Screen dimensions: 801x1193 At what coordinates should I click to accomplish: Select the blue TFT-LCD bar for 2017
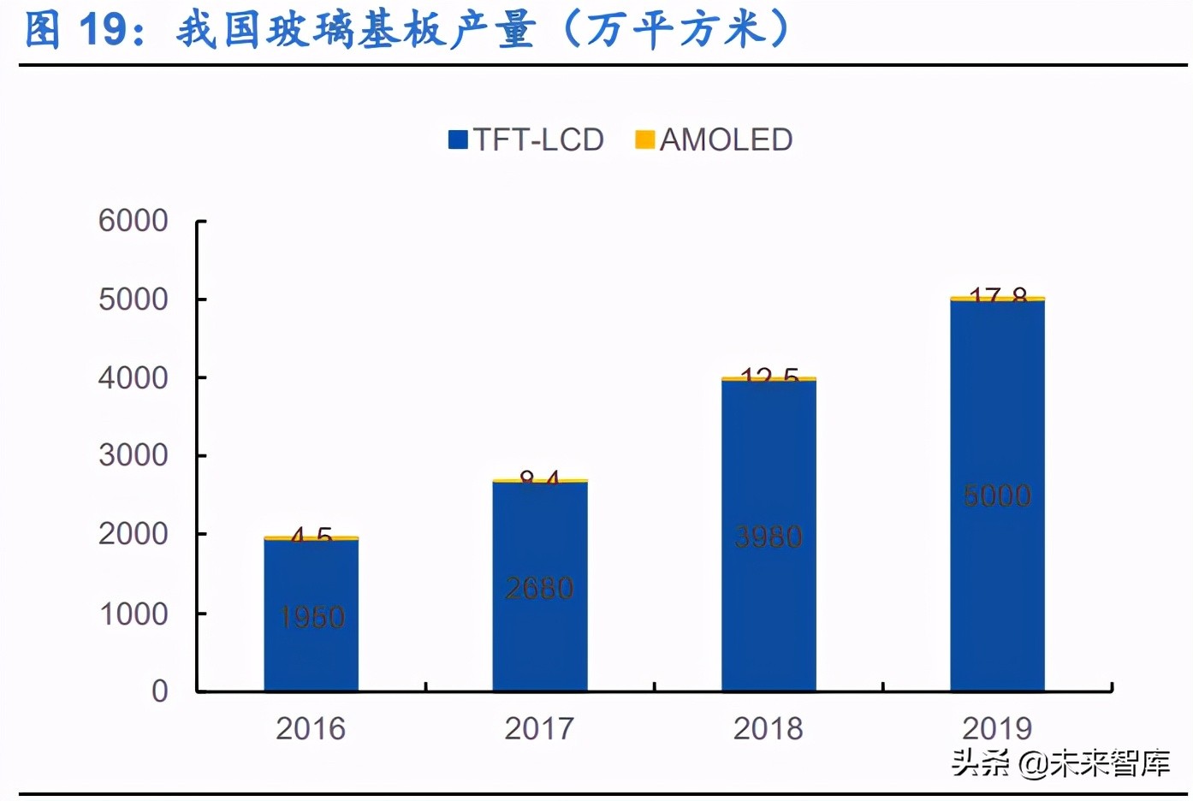point(539,633)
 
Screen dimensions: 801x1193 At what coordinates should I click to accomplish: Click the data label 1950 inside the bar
point(312,617)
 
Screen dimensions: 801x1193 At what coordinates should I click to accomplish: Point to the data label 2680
point(539,588)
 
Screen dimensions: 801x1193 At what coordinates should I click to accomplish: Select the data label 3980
point(769,537)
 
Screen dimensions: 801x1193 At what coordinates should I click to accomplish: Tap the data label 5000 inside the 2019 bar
point(997,495)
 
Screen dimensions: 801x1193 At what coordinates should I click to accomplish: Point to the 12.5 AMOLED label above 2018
point(769,375)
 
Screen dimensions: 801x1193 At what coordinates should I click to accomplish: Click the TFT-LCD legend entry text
point(538,139)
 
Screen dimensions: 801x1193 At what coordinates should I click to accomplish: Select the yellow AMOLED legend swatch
point(644,139)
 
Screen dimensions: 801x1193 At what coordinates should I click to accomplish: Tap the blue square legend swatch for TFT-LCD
point(458,139)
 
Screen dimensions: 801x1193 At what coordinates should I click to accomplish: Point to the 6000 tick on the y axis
point(133,221)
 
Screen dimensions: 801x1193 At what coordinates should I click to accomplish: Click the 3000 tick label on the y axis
point(133,455)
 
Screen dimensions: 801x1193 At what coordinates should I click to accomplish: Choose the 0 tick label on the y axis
point(159,691)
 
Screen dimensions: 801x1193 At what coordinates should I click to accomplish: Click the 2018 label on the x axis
point(768,728)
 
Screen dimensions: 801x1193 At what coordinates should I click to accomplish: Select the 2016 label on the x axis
point(310,728)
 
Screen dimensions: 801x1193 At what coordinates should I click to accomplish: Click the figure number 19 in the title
point(104,30)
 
